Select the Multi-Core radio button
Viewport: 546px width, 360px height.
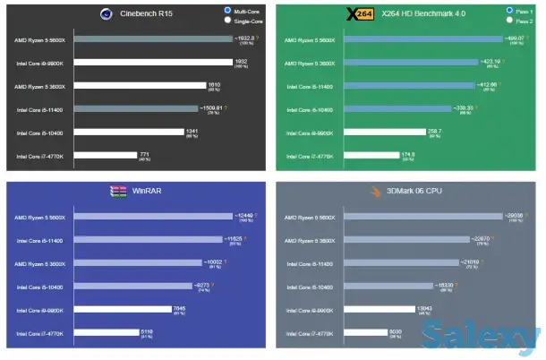228,11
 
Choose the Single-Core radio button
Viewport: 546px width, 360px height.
228,20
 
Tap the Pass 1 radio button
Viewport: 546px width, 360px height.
509,11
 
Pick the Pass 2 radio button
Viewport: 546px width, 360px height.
509,20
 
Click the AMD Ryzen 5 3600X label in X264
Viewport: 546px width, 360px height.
310,63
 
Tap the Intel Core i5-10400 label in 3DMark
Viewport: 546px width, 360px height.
309,287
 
